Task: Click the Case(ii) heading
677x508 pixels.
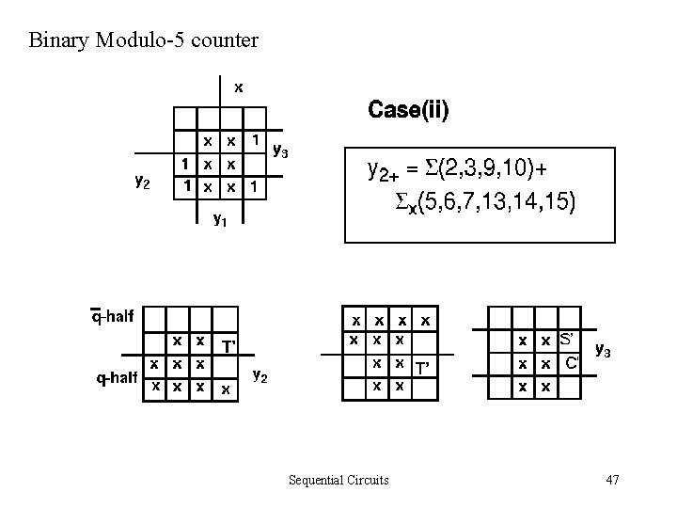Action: pyautogui.click(x=408, y=110)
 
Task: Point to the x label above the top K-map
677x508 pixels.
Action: pyautogui.click(x=239, y=87)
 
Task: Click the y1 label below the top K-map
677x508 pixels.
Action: pyautogui.click(x=219, y=220)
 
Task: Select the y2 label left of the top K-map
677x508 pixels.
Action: pyautogui.click(x=141, y=181)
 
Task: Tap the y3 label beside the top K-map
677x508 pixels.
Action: pyautogui.click(x=280, y=149)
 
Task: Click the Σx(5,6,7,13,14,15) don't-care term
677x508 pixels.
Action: pyautogui.click(x=483, y=201)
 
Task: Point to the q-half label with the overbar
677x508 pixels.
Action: pyautogui.click(x=112, y=316)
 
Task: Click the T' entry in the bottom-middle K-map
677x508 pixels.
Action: pyautogui.click(x=422, y=368)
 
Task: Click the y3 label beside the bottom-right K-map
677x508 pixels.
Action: pyautogui.click(x=605, y=352)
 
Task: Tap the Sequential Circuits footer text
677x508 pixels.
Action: pyautogui.click(x=338, y=480)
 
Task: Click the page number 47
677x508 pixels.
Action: pyautogui.click(x=612, y=480)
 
